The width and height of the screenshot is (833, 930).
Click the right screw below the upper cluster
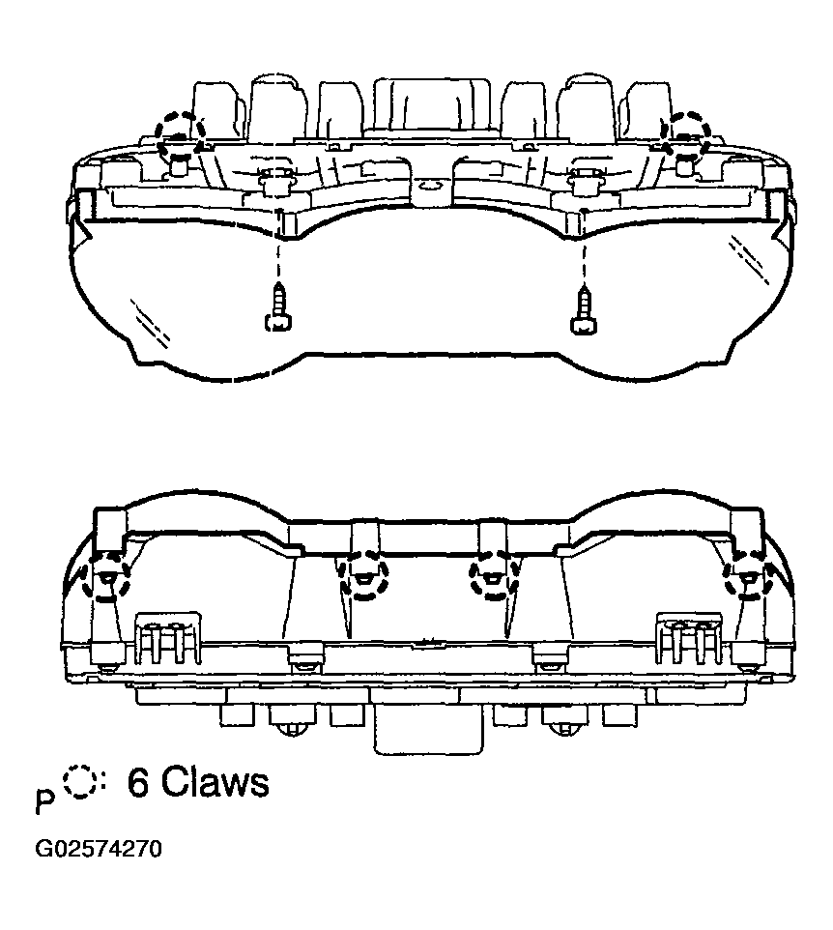583,309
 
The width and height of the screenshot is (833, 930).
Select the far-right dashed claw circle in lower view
748,577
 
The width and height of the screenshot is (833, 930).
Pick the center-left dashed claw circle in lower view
362,577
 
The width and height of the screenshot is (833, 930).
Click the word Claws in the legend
215,782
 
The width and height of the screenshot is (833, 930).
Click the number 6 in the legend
138,782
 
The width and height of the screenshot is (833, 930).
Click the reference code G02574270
98,850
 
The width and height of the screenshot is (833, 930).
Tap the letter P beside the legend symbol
44,802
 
